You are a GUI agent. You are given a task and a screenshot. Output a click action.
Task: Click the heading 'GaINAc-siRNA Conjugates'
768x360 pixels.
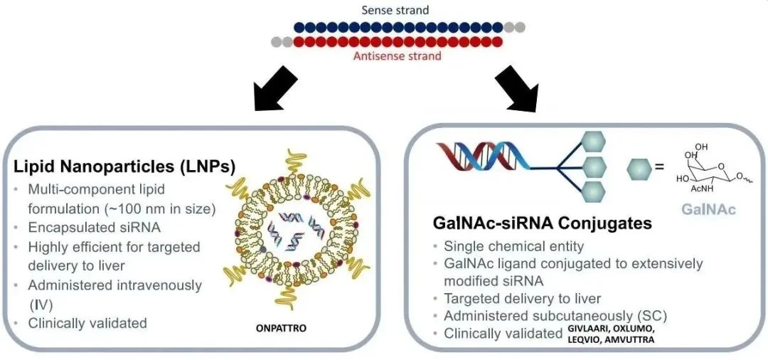click(x=542, y=223)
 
